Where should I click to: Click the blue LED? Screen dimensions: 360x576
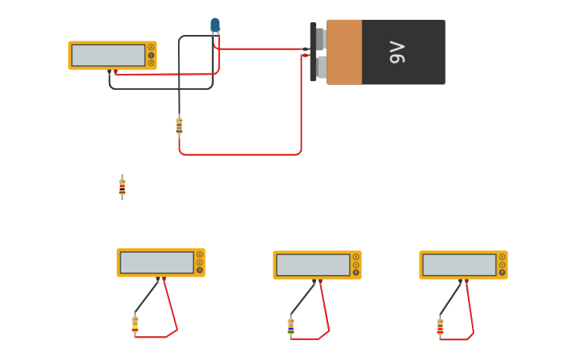pos(215,25)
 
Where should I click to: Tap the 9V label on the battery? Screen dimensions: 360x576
pos(397,52)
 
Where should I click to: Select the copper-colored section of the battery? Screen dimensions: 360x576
pos(344,52)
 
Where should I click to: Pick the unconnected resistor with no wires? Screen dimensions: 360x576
pos(122,187)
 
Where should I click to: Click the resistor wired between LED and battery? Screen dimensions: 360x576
pos(179,126)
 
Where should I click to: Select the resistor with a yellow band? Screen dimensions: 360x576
pos(135,323)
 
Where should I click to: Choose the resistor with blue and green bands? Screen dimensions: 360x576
pos(291,326)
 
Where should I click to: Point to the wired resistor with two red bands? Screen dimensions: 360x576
pos(440,326)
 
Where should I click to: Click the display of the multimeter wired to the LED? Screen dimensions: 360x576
pos(108,56)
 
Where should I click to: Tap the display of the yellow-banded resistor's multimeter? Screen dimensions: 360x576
pos(157,263)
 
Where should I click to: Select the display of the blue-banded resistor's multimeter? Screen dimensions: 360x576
pos(313,265)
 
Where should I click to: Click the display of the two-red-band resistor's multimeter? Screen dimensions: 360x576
pos(459,265)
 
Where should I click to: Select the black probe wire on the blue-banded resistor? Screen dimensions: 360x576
pos(302,299)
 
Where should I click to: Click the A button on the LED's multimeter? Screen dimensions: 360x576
pos(151,48)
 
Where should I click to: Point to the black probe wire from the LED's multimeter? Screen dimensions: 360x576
pos(159,88)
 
